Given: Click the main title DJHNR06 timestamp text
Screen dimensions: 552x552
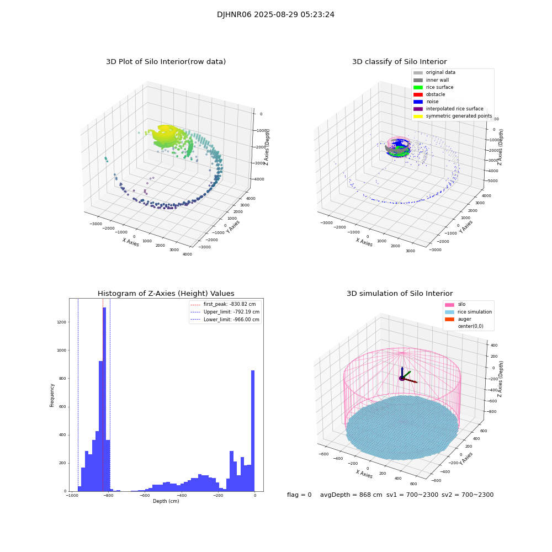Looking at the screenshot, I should [x=275, y=15].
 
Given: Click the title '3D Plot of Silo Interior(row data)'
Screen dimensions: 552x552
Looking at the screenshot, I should [x=166, y=62].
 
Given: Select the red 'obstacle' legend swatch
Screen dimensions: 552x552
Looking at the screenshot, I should [x=418, y=94].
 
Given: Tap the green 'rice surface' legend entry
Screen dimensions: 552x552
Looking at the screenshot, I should [x=439, y=87].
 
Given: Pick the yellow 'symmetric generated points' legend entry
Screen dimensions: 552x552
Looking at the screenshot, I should [x=458, y=116].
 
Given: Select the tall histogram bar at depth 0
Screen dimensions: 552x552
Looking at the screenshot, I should [x=253, y=431].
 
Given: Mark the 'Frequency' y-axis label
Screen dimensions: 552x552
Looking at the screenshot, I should [x=52, y=395].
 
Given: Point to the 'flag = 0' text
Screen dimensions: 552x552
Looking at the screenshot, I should [x=299, y=495].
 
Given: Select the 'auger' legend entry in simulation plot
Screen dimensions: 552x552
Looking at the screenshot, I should [x=464, y=319].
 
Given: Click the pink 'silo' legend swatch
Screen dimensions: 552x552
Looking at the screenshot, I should [x=449, y=305].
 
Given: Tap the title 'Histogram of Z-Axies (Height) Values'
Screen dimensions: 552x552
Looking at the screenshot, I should [x=166, y=294].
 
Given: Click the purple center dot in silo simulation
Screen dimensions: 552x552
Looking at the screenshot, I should [x=402, y=378].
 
